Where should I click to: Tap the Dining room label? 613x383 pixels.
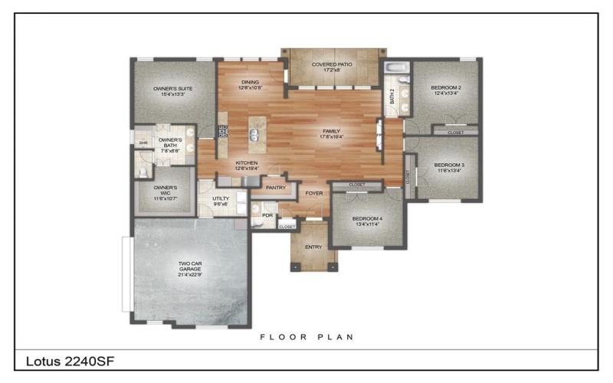coord(250,84)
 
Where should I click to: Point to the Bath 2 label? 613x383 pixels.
coord(392,97)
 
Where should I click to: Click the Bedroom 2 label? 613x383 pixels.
coord(446,90)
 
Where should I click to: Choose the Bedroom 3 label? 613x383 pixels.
coord(449,168)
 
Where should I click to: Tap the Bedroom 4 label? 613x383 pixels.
coord(367,221)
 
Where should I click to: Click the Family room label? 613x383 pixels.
coord(332,134)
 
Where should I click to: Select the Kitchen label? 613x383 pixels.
coord(246,165)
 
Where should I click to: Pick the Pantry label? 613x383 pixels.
coord(275,187)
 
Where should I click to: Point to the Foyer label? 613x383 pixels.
coord(314,194)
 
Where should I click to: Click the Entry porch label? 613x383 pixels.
coord(313,247)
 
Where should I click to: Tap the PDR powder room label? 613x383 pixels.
coord(267,215)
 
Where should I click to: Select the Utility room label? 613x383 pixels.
coord(221,201)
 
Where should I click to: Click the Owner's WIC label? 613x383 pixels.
coord(166,191)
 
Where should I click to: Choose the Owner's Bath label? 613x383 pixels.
coord(169,145)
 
